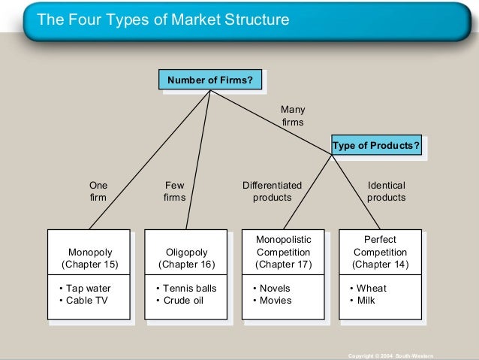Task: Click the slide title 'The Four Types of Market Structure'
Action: click(163, 20)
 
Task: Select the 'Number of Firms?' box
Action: click(209, 80)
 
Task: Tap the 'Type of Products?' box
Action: click(376, 145)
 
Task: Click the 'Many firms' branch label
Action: click(293, 115)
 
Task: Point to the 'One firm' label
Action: click(98, 191)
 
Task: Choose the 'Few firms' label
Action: click(174, 191)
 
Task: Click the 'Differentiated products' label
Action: click(272, 191)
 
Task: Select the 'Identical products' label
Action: click(386, 191)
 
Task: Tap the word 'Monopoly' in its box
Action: click(89, 252)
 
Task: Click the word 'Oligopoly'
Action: click(186, 252)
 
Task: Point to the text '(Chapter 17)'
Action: click(283, 265)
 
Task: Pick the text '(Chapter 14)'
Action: click(380, 265)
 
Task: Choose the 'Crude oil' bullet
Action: click(179, 301)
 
